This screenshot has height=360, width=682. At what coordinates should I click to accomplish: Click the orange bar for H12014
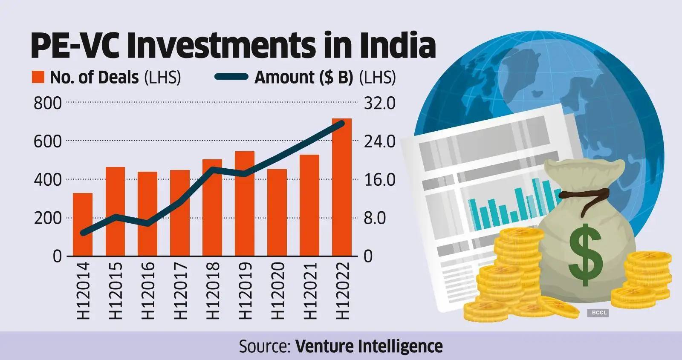[83, 225]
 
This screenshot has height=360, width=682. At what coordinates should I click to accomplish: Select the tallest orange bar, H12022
[342, 187]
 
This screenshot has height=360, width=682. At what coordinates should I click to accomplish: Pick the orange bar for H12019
[245, 204]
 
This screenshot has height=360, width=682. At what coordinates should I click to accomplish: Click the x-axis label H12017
[180, 291]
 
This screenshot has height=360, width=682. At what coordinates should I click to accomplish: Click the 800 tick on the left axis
[48, 104]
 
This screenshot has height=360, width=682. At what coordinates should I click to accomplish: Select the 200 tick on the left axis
[48, 218]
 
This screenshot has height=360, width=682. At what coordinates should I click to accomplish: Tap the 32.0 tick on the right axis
[379, 104]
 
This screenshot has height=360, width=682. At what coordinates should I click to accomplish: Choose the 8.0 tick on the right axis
[375, 218]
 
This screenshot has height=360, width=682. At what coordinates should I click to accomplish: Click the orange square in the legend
[38, 78]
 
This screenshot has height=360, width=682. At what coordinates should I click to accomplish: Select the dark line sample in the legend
[231, 77]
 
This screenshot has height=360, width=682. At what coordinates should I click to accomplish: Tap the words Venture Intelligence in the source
[369, 346]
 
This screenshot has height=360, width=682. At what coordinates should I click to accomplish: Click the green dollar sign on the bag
[586, 254]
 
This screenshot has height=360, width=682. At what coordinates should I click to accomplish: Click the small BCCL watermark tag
[599, 313]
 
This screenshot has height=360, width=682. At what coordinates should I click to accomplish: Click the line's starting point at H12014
[83, 233]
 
